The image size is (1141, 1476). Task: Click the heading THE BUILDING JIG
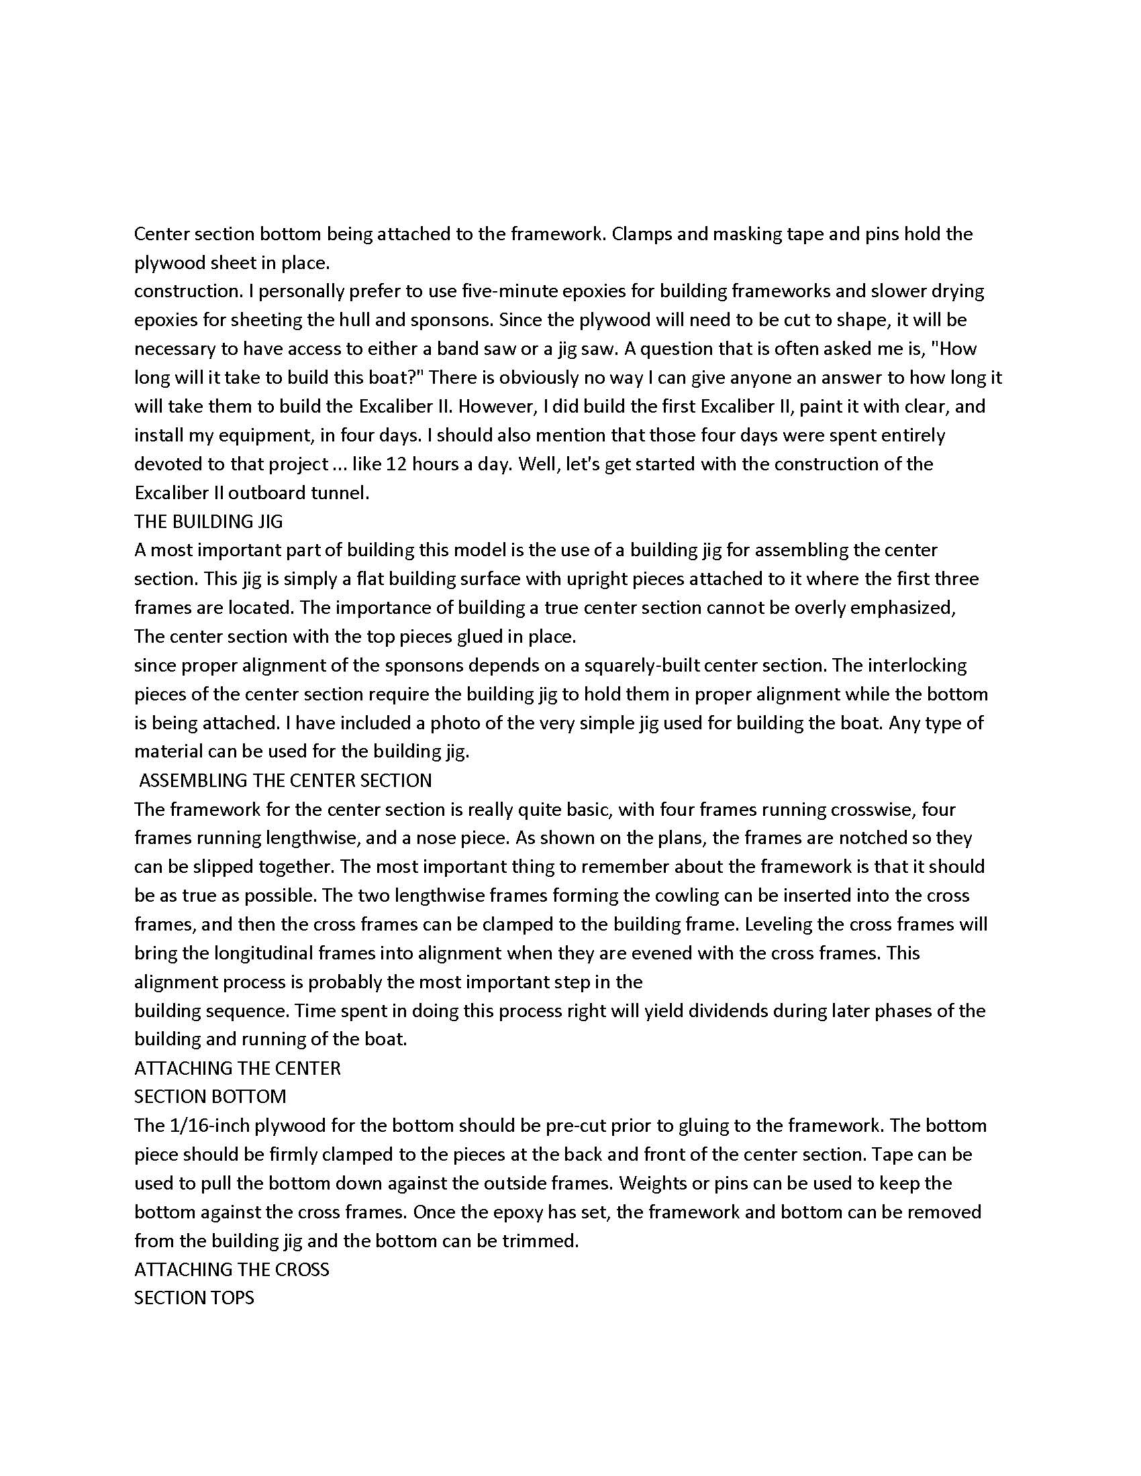(208, 521)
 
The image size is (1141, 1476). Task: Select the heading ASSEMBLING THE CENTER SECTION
(285, 780)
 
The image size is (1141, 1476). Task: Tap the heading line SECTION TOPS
(194, 1298)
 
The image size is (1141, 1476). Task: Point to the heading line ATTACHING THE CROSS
(231, 1269)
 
